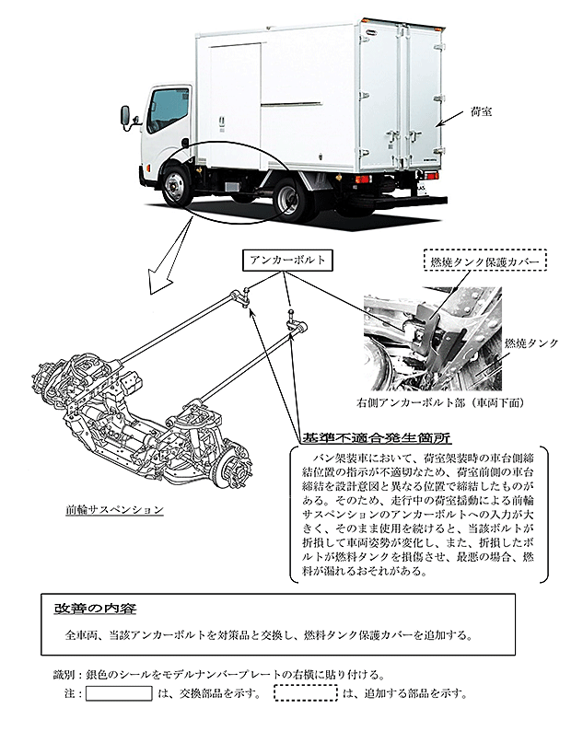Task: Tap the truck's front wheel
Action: (174, 185)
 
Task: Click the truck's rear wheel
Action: (287, 198)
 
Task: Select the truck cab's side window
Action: (168, 110)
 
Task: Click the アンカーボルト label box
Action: (287, 261)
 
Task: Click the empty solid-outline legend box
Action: (119, 693)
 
